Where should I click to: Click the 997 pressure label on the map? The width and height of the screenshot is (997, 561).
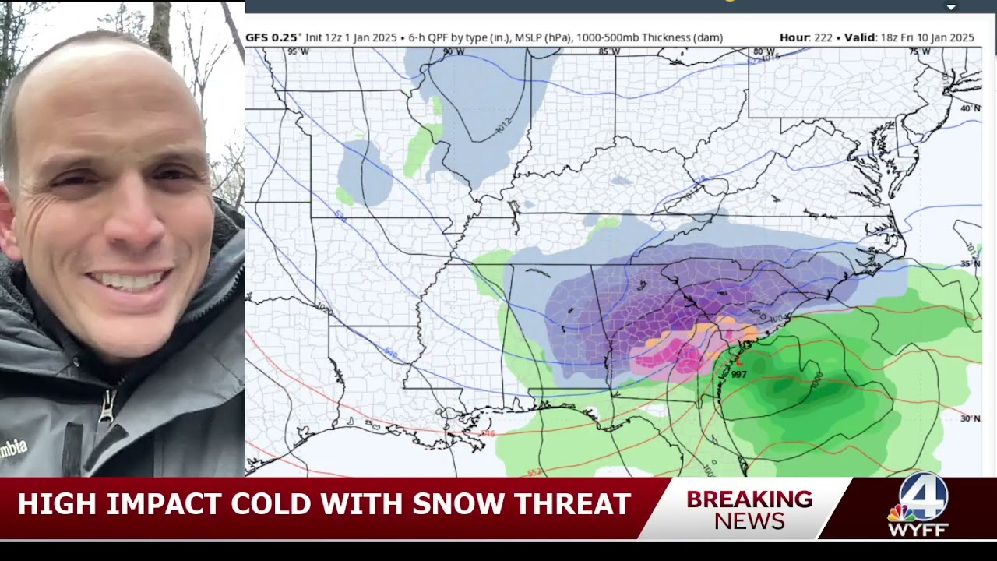coord(739,375)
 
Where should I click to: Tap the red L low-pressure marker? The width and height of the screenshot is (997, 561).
coord(738,361)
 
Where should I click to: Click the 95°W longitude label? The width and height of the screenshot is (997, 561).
coord(297,51)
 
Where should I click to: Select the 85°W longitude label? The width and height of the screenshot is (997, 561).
coord(609,51)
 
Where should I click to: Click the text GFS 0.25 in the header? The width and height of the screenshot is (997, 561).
coord(271,37)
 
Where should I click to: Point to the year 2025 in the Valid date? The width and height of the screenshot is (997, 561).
coord(960,37)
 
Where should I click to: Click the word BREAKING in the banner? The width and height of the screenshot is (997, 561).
coord(749,499)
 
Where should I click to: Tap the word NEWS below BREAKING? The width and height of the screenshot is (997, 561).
coord(749,521)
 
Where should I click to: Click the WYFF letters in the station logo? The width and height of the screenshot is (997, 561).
coord(919,530)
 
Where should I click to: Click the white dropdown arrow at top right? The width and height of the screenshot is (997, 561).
coord(950,7)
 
